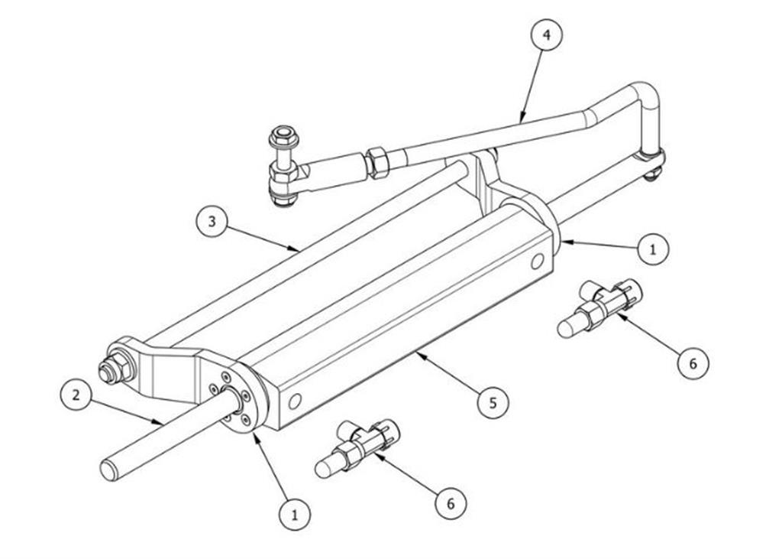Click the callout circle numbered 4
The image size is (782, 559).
pyautogui.click(x=547, y=35)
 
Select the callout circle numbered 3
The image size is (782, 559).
pyautogui.click(x=212, y=221)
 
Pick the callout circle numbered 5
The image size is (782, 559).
pyautogui.click(x=493, y=401)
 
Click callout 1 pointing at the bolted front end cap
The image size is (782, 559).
pyautogui.click(x=294, y=514)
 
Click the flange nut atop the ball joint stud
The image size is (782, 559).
pyautogui.click(x=282, y=136)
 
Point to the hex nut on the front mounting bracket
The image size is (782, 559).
pyautogui.click(x=118, y=366)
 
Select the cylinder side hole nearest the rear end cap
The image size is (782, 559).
pyautogui.click(x=537, y=262)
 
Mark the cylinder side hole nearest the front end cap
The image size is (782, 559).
pyautogui.click(x=295, y=401)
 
